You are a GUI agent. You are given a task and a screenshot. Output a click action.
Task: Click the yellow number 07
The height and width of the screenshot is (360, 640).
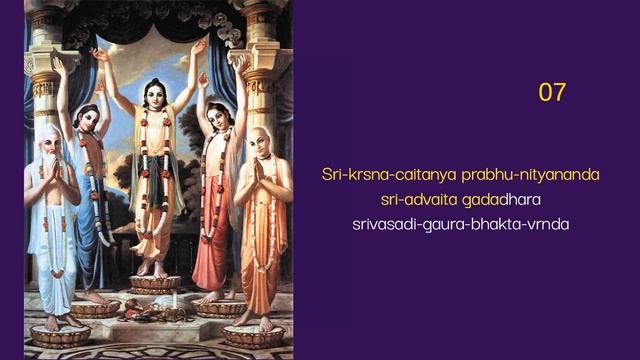click(552, 92)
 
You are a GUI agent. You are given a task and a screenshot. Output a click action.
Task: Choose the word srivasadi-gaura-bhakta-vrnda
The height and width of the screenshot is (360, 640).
click(460, 223)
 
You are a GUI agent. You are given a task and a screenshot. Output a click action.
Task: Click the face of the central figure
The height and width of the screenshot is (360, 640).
click(152, 95)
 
